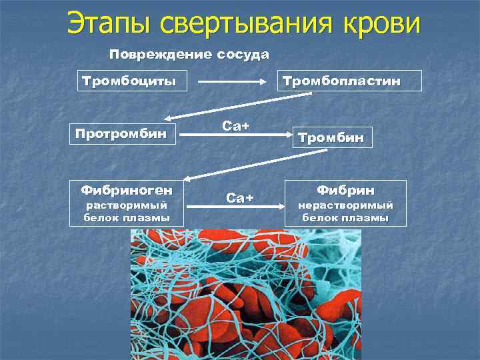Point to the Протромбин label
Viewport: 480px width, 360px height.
(x=121, y=133)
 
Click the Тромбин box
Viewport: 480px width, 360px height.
(x=330, y=137)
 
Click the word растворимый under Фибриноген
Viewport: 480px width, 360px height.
(x=127, y=205)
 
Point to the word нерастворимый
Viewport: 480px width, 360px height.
(x=345, y=205)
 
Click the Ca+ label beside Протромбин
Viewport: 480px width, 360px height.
(x=235, y=126)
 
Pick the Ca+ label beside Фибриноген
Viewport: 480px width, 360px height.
(x=240, y=197)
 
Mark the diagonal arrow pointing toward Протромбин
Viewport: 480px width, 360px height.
(x=237, y=105)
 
